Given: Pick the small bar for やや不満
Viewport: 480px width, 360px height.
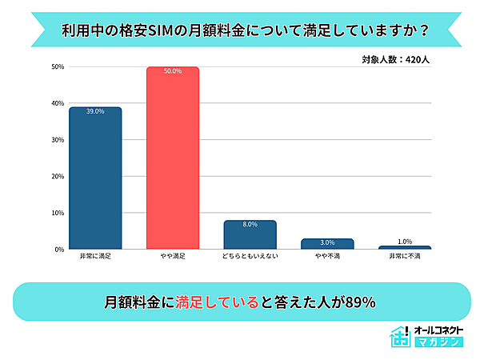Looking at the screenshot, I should pyautogui.click(x=328, y=243).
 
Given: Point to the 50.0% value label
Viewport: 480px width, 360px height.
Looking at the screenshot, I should pyautogui.click(x=173, y=71).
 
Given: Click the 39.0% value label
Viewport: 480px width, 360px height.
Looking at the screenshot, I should pyautogui.click(x=95, y=111).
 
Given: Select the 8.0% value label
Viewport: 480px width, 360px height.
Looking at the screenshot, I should pyautogui.click(x=250, y=225).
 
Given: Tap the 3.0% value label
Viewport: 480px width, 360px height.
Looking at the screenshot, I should pyautogui.click(x=328, y=242).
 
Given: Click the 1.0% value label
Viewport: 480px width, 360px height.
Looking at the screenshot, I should pyautogui.click(x=405, y=242).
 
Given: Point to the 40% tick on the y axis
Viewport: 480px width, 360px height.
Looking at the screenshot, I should pyautogui.click(x=58, y=103).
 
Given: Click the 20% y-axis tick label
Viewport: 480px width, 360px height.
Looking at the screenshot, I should pyautogui.click(x=58, y=176).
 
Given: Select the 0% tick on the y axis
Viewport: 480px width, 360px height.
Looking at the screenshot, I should pyautogui.click(x=59, y=250).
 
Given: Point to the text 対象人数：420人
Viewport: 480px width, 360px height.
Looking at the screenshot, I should pyautogui.click(x=396, y=58).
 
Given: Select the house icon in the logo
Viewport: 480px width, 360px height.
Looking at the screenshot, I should pyautogui.click(x=399, y=337).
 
